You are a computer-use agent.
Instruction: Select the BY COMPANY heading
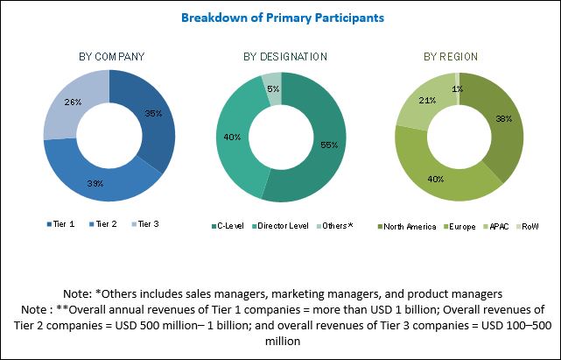tap(111, 57)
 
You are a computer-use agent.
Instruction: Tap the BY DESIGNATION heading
tap(285, 57)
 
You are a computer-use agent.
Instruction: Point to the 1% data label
tap(457, 88)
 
